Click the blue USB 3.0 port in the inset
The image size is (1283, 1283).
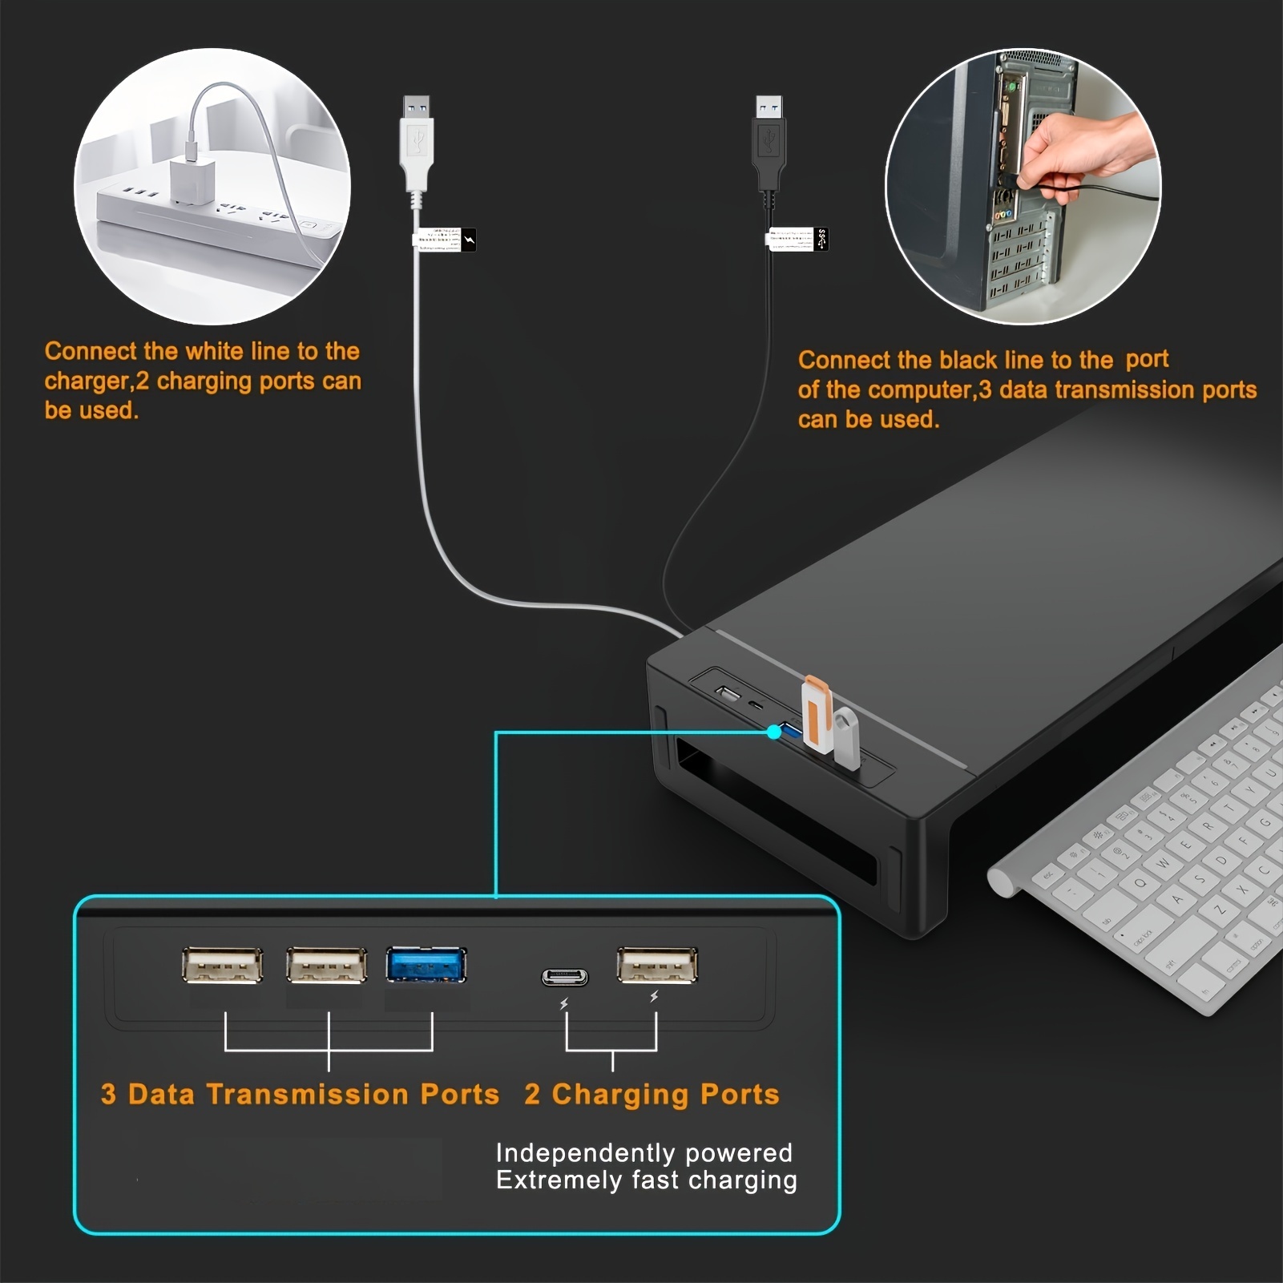click(x=426, y=965)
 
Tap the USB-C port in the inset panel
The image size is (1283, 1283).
click(x=564, y=977)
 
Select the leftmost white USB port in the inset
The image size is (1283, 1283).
click(x=222, y=965)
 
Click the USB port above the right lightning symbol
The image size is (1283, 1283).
click(x=657, y=965)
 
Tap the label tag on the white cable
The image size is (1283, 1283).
click(x=443, y=239)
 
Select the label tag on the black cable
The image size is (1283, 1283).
click(x=797, y=239)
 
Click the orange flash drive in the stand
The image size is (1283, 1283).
click(x=816, y=714)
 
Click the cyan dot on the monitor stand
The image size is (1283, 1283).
click(x=773, y=732)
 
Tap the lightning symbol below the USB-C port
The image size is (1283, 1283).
click(x=564, y=1004)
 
